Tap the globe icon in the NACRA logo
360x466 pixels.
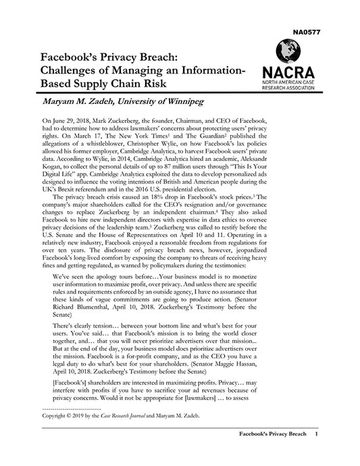pyautogui.click(x=289, y=51)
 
